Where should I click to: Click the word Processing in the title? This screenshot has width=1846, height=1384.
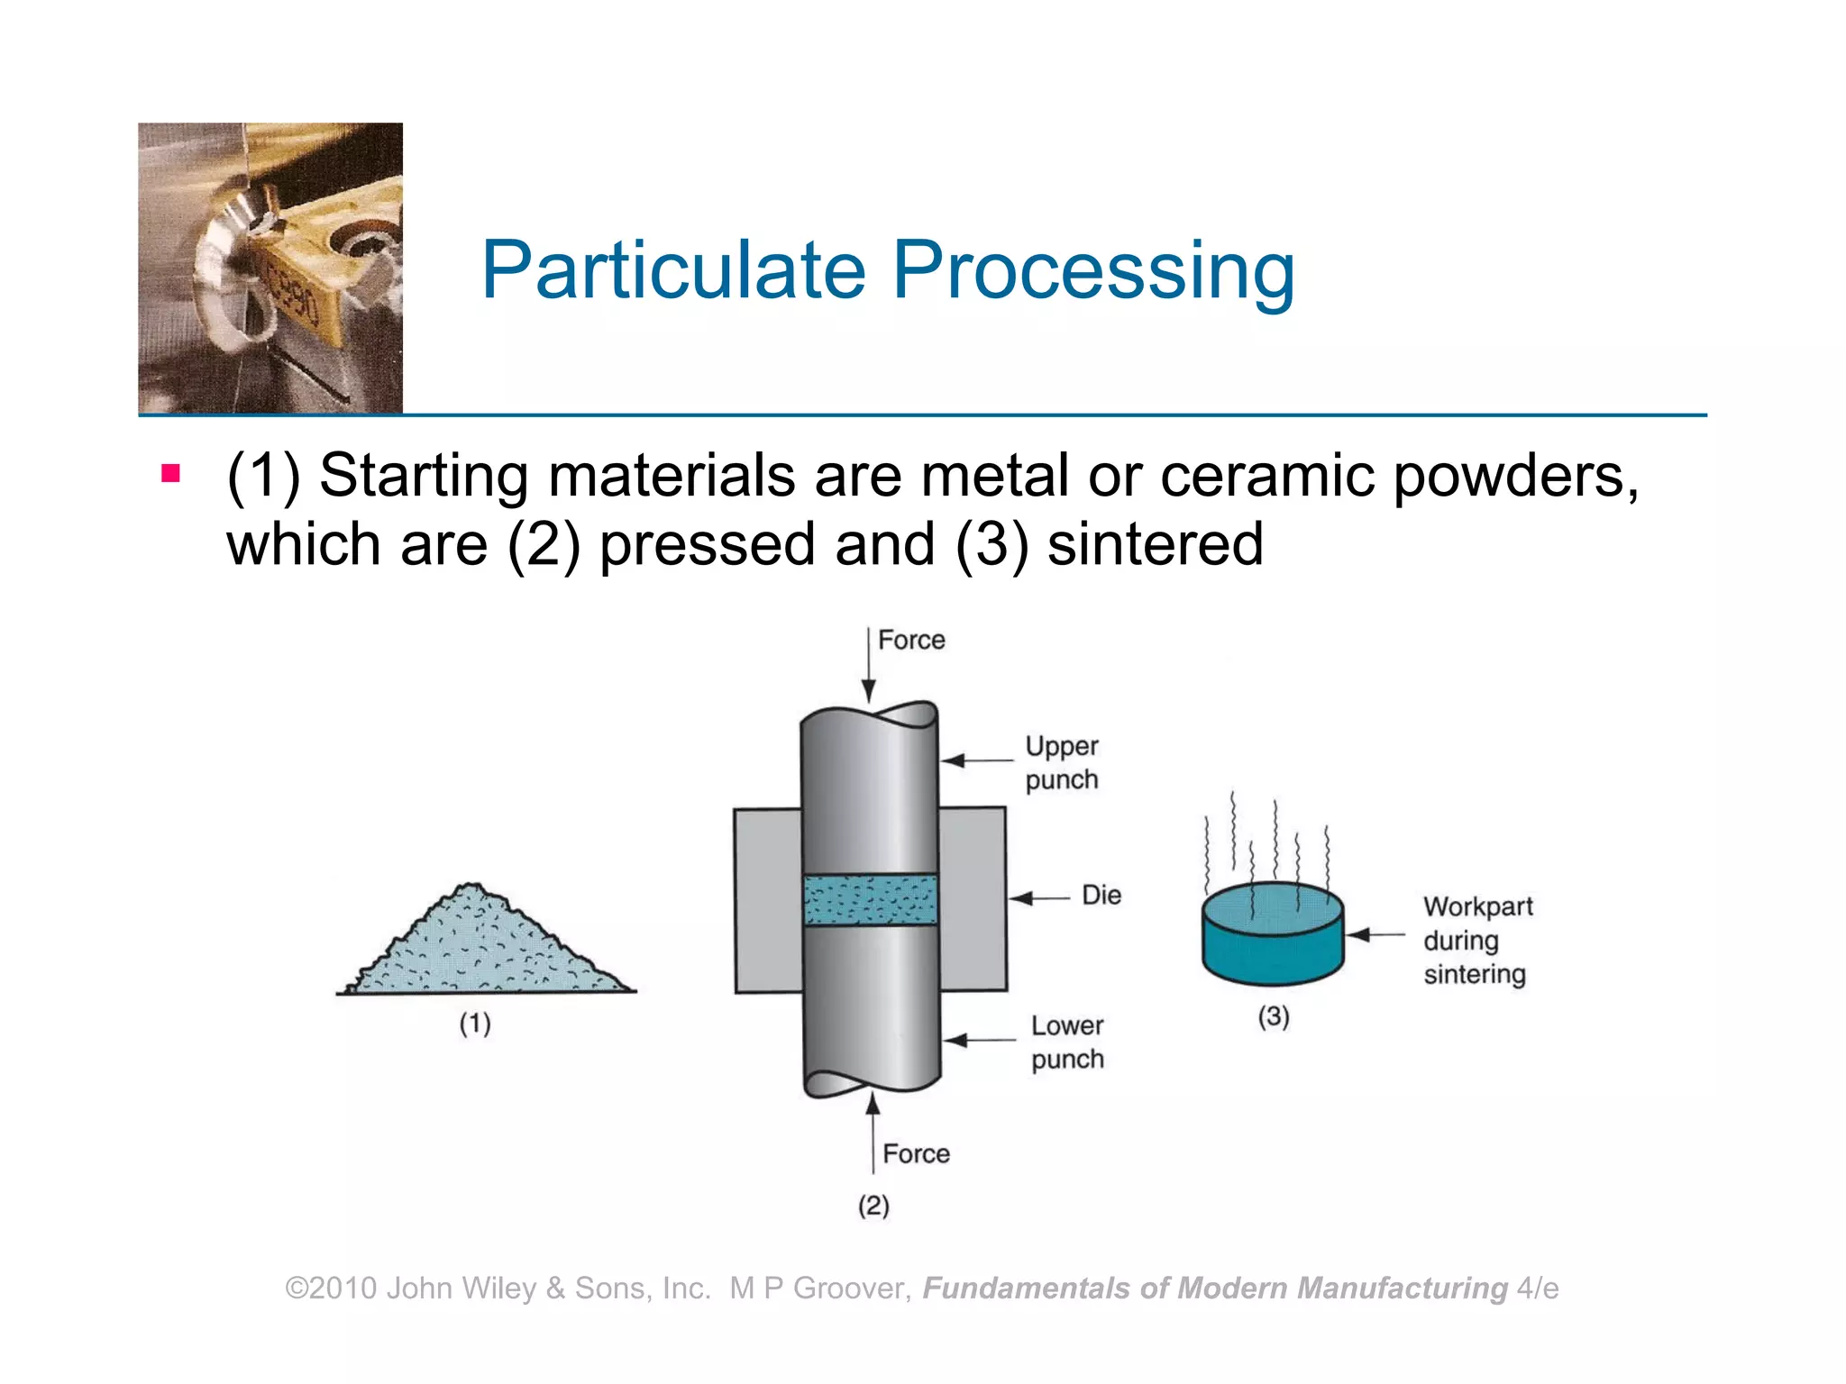pos(1093,272)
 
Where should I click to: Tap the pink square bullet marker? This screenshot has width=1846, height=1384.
pos(171,472)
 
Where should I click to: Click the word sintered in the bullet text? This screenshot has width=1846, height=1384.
pos(1155,544)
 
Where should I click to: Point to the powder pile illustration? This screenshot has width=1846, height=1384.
pos(487,946)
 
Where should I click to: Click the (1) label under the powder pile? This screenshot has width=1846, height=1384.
pos(475,1024)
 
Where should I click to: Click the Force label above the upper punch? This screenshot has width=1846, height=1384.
pos(911,640)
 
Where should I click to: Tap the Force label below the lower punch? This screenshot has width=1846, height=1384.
pos(916,1153)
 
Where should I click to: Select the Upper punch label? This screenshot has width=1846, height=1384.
pos(1062,762)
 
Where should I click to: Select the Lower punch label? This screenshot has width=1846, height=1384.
pos(1067,1042)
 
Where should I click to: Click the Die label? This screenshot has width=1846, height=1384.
pos(1101,895)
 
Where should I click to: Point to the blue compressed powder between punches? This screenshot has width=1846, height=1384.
pos(870,899)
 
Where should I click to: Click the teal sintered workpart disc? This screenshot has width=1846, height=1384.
pos(1272,937)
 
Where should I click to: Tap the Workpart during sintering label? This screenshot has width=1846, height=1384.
pos(1476,940)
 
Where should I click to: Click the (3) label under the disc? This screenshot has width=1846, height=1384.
pos(1274,1016)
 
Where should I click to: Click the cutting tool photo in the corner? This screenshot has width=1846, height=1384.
pos(270,268)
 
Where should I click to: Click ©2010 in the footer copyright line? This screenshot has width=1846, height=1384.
pos(331,1288)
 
